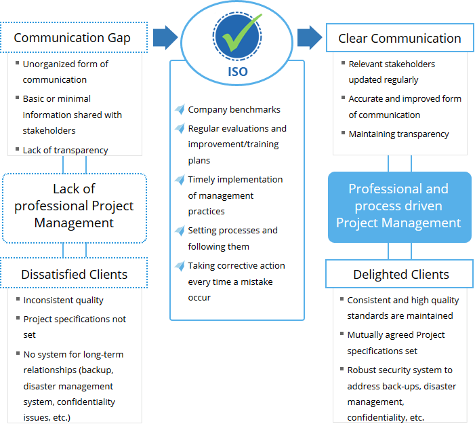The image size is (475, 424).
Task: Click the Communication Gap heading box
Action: pos(73,38)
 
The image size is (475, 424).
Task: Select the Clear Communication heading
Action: pos(399,39)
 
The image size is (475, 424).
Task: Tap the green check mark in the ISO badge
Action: pos(236,34)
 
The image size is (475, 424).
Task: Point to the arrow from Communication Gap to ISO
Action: pos(165,37)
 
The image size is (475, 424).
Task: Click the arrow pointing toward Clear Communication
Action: pos(309,37)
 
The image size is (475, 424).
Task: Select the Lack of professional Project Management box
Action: pos(74,206)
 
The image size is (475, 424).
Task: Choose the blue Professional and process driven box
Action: pos(398,206)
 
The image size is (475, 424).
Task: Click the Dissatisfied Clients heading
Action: pos(74,274)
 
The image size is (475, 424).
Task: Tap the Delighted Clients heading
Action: pos(400,274)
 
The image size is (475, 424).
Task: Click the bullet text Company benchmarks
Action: pos(234,109)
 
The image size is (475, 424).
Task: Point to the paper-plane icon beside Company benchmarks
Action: pos(180,109)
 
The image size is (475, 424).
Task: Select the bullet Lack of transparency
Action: pos(65,150)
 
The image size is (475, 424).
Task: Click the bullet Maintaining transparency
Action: pos(398,134)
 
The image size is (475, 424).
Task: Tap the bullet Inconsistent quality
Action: pos(63,300)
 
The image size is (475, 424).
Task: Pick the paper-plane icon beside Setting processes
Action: pos(180,231)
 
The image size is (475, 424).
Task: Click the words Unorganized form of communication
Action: pos(65,71)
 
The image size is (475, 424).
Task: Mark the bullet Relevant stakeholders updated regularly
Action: pos(392,71)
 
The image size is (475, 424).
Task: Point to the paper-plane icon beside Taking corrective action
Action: pos(180,266)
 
